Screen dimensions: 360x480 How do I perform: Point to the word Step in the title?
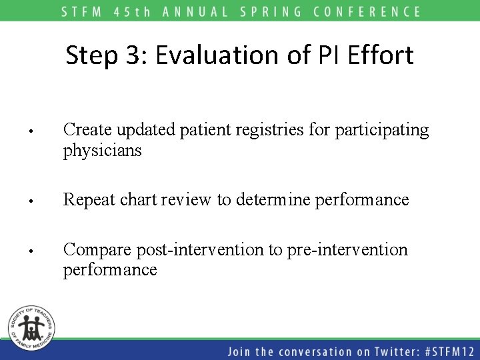(x=91, y=55)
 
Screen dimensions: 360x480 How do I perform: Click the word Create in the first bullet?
(x=87, y=130)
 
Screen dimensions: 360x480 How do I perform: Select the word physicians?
(x=102, y=151)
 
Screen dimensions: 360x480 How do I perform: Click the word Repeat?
(x=87, y=200)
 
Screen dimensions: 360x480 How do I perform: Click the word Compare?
(x=97, y=250)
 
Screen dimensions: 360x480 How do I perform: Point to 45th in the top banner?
(x=147, y=11)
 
